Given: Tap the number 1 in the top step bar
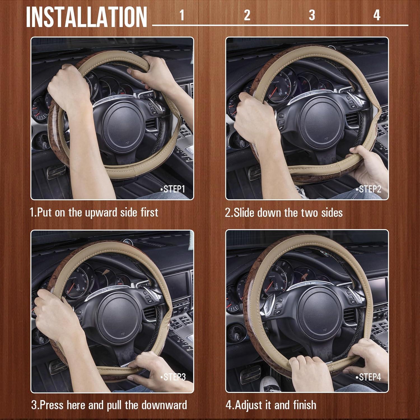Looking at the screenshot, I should coord(182,15).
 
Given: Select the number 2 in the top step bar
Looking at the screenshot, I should coord(247,15).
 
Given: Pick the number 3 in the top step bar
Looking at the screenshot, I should coord(312,15).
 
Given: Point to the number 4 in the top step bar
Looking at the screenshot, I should coord(377,15).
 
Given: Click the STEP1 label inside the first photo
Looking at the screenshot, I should coord(173,189).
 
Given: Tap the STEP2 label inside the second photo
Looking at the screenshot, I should coord(368,189).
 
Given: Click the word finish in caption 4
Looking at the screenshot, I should coord(305,405).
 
